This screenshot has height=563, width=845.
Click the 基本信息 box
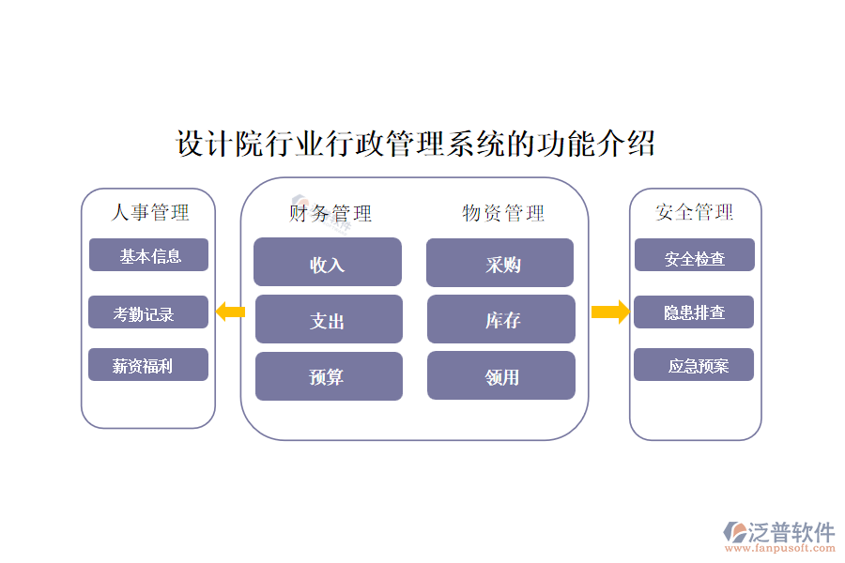tap(148, 255)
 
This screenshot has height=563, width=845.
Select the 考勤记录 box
tap(148, 313)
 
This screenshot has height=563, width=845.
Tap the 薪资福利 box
tap(148, 366)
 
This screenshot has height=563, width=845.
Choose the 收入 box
tap(328, 263)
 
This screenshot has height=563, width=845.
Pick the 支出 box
tap(329, 320)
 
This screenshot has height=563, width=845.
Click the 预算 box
tap(329, 376)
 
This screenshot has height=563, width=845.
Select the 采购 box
tap(500, 264)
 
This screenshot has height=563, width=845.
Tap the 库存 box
tap(501, 320)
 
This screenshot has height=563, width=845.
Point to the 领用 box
tap(501, 376)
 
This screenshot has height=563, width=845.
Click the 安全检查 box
tap(695, 255)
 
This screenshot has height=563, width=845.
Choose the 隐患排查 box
tap(694, 312)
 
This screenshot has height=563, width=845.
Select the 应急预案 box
tap(694, 365)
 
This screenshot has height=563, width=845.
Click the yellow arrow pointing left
tap(230, 312)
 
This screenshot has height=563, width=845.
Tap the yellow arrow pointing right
tap(609, 312)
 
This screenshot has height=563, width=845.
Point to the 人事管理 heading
tap(150, 213)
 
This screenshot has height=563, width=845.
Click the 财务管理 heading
tap(330, 214)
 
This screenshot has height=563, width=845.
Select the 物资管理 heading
tap(503, 213)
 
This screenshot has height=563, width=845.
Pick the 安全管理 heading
tap(695, 212)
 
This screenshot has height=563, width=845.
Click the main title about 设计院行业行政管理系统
tap(416, 145)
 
